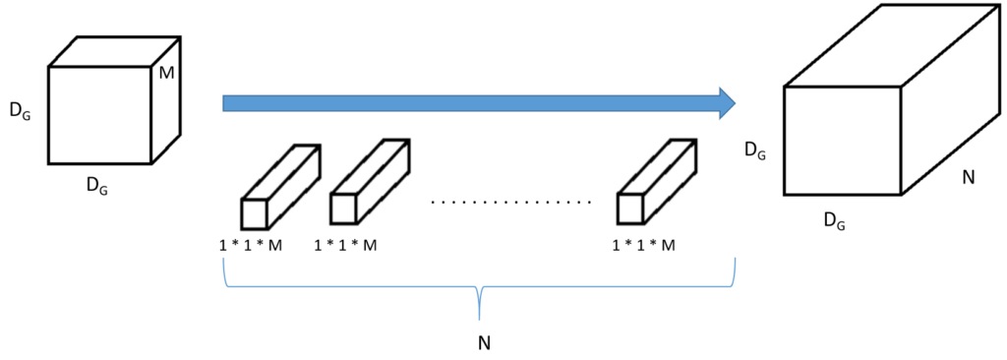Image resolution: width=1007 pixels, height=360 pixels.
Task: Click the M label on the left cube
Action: (166, 74)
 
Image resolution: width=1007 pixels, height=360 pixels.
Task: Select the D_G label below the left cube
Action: (97, 186)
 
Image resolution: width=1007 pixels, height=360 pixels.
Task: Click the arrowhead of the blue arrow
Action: (727, 103)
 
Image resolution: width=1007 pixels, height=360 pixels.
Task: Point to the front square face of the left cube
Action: (99, 115)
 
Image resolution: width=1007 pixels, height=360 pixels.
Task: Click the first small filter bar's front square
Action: (254, 213)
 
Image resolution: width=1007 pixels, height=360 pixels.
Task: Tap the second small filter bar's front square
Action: (343, 208)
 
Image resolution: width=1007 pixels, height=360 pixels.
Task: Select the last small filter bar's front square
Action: (630, 208)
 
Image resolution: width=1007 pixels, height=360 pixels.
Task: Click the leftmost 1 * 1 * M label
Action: (251, 245)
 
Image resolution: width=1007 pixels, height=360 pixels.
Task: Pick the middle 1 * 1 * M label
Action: (345, 245)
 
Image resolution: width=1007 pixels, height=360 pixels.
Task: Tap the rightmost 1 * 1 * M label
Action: (644, 245)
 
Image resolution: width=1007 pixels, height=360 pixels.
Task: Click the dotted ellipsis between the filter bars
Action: (511, 204)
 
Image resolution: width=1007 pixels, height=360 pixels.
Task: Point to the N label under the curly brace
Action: (485, 342)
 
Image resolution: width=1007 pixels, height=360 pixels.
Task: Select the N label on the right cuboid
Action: (968, 177)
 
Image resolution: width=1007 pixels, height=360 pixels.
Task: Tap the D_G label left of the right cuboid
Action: (754, 150)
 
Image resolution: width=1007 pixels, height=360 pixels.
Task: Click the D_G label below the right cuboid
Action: (834, 221)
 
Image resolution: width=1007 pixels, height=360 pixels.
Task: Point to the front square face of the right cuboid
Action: (843, 141)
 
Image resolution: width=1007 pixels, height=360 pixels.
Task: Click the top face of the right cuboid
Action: (892, 45)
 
